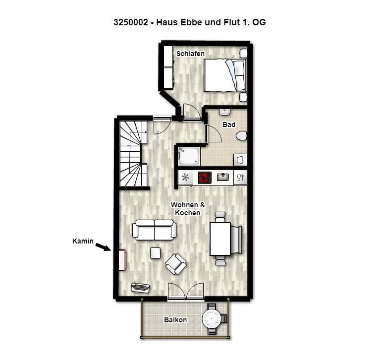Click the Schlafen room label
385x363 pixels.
[190, 54]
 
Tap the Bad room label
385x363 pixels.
[229, 124]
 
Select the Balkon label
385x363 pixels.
[175, 320]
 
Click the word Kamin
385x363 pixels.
[83, 241]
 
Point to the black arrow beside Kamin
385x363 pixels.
[103, 247]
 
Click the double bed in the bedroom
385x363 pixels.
[225, 75]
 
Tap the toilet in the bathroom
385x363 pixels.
[242, 136]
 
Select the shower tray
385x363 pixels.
[189, 156]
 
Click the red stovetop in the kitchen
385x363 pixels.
[205, 178]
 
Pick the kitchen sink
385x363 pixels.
[223, 177]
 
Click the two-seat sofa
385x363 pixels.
[154, 230]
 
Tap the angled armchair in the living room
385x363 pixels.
[175, 264]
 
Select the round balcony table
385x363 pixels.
[212, 319]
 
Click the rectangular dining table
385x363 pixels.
[220, 239]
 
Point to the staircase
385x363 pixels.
[133, 154]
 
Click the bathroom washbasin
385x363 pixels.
[224, 112]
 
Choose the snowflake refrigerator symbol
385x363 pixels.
[185, 178]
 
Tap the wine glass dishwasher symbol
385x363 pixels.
[240, 177]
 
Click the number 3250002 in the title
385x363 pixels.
[131, 22]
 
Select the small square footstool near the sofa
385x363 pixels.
[155, 253]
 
